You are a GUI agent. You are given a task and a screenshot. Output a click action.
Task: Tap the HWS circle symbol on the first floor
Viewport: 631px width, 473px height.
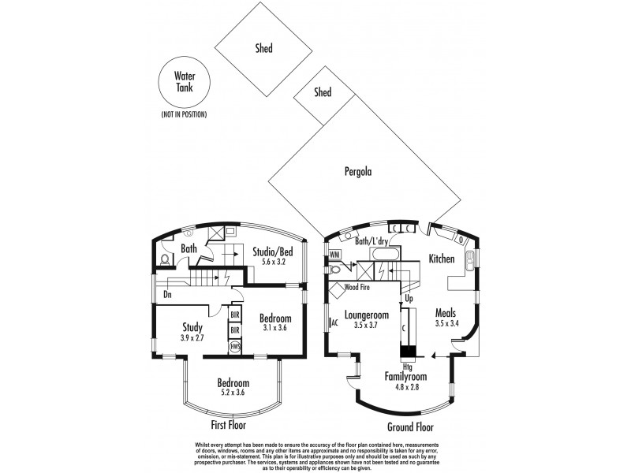pyautogui.click(x=234, y=346)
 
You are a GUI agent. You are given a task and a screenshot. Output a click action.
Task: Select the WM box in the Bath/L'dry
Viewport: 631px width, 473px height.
pyautogui.click(x=334, y=255)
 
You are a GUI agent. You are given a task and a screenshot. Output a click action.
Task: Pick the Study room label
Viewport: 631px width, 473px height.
pyautogui.click(x=192, y=327)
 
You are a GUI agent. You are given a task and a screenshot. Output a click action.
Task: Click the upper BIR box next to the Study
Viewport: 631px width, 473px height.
pyautogui.click(x=234, y=314)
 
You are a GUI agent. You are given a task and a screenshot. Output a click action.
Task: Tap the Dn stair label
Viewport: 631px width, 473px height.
pyautogui.click(x=168, y=296)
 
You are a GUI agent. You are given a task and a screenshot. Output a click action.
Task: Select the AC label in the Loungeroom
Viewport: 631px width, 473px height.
pyautogui.click(x=335, y=322)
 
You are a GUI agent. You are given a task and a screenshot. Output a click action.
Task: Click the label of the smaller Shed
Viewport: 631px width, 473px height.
pyautogui.click(x=323, y=92)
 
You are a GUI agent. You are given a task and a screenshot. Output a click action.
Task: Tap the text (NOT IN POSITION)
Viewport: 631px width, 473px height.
pyautogui.click(x=183, y=115)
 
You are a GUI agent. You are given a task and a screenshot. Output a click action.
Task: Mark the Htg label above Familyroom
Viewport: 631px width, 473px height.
pyautogui.click(x=407, y=367)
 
